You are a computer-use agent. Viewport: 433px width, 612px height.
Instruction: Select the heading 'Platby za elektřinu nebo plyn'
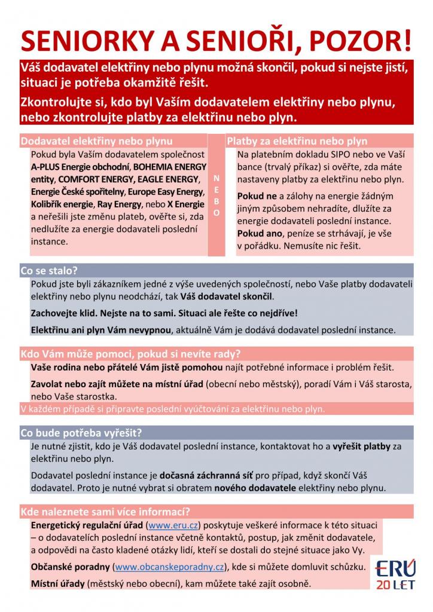(297, 142)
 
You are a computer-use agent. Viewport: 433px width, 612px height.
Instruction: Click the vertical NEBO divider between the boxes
(216, 195)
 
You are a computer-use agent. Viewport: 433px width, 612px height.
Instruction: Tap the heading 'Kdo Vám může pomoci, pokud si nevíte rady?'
(130, 353)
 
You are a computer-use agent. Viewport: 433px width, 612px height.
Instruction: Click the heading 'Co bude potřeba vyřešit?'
(81, 433)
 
